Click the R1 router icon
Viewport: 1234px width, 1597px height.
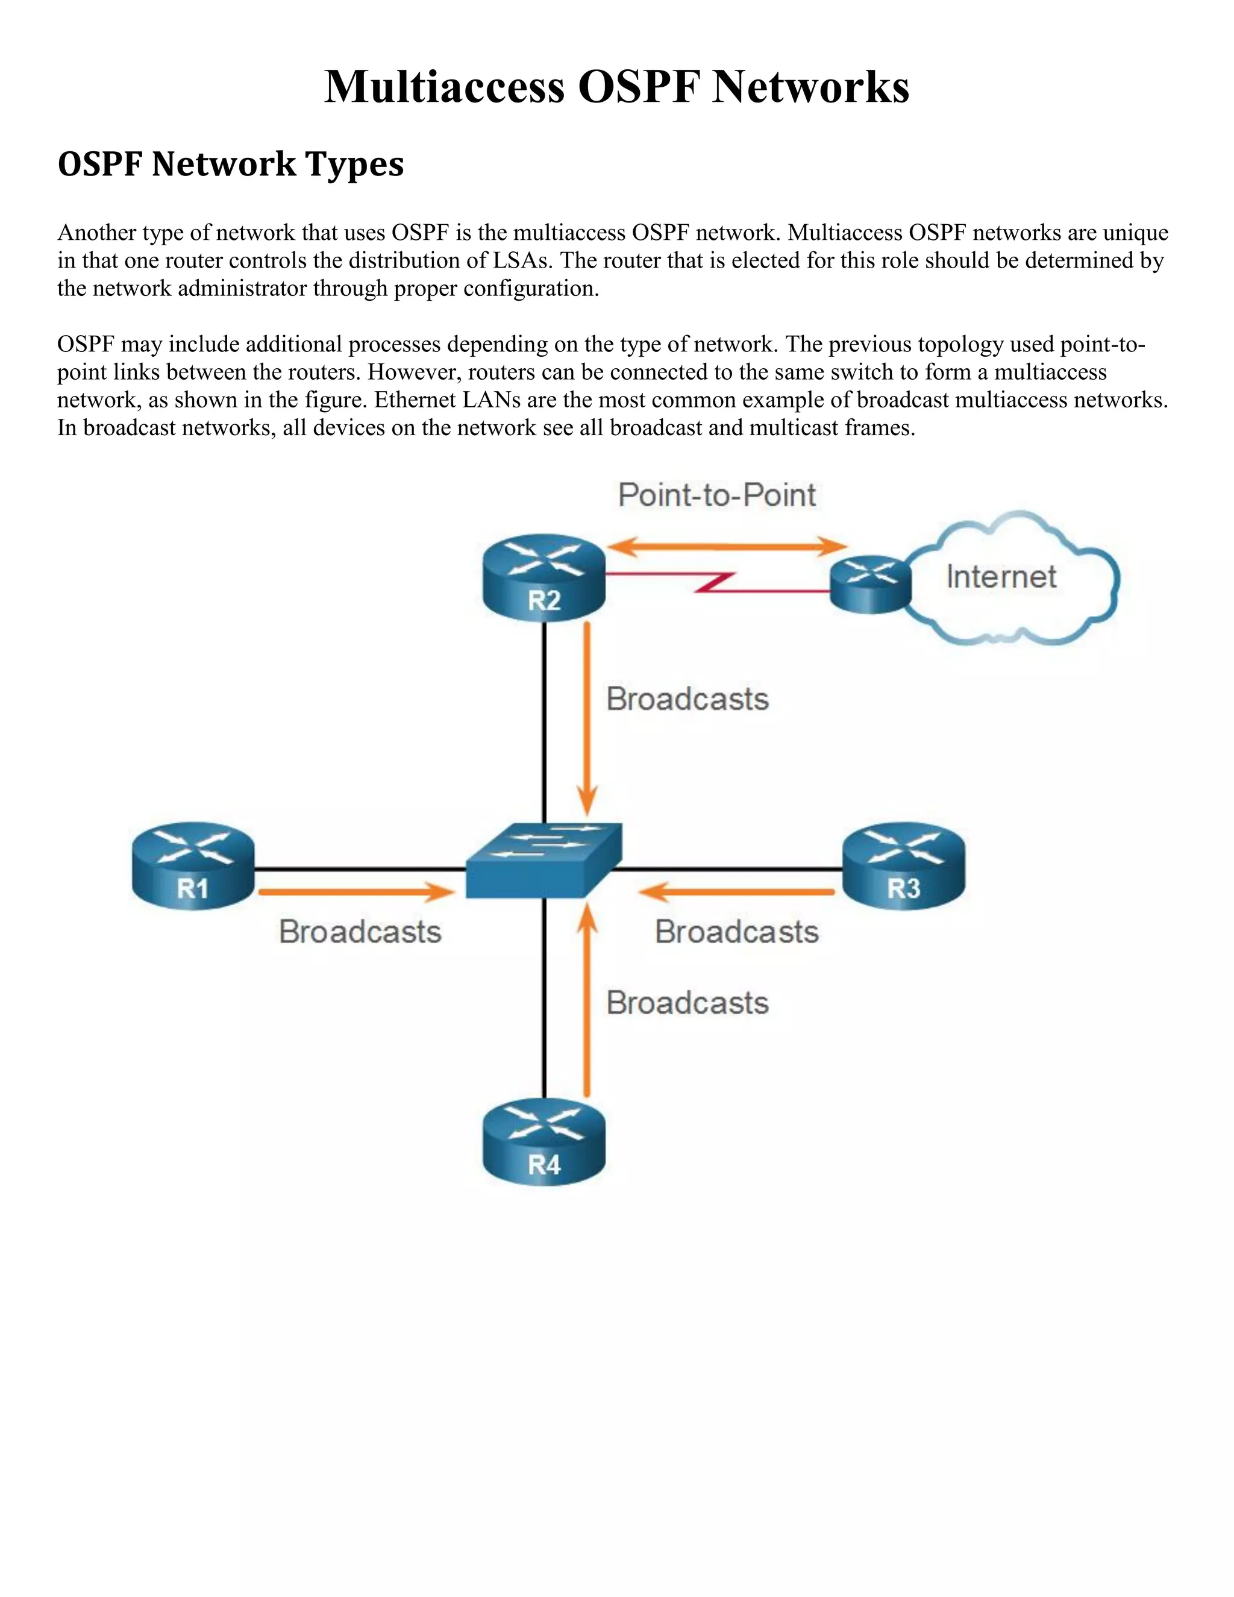tap(193, 866)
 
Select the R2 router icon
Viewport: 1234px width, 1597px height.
tap(544, 578)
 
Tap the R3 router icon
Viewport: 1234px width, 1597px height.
tap(904, 866)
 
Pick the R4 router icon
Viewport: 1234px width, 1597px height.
tap(544, 1144)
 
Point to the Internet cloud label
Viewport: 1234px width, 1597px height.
tap(1001, 577)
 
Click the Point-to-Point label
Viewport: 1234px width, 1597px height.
tap(716, 495)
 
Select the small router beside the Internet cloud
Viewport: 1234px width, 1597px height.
tap(871, 585)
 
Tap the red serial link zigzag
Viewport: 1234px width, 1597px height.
tap(715, 582)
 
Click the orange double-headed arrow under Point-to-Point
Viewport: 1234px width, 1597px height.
tap(727, 546)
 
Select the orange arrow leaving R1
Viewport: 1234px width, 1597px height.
tap(356, 892)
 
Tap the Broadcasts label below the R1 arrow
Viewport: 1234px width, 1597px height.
tap(360, 932)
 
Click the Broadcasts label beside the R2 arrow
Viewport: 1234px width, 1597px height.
tap(687, 699)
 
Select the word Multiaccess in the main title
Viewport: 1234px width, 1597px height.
tap(445, 86)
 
